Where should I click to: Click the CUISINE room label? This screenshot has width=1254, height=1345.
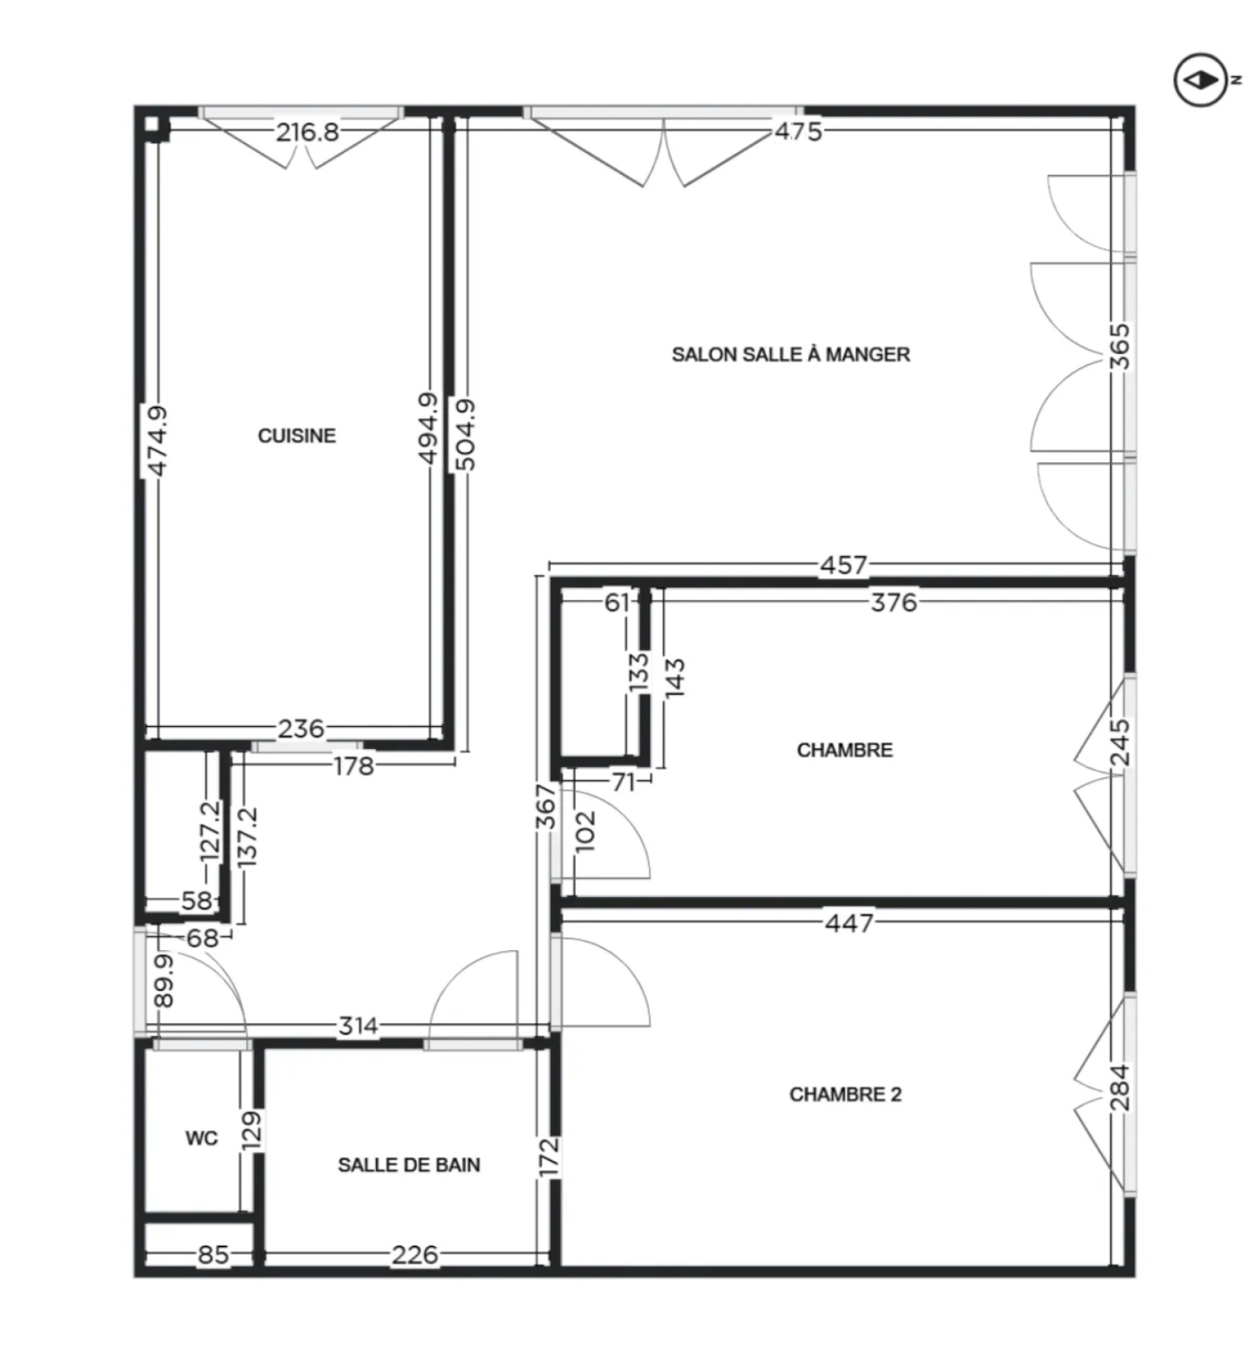(296, 436)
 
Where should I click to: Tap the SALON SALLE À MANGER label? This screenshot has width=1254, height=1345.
(791, 355)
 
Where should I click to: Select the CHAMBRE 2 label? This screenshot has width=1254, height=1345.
(845, 1094)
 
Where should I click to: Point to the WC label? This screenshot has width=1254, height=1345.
(201, 1138)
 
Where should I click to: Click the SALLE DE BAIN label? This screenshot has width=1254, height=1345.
(409, 1165)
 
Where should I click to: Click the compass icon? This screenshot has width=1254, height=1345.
(1201, 80)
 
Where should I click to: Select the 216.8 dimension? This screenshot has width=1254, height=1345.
(307, 132)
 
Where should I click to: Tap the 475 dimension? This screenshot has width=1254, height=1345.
(799, 131)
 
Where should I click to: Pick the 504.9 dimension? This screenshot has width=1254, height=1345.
(465, 435)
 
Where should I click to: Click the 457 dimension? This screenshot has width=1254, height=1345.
(843, 565)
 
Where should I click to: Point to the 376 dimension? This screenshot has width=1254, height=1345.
(893, 602)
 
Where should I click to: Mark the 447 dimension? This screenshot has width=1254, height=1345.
(849, 923)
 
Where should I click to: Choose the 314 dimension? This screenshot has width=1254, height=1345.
(357, 1025)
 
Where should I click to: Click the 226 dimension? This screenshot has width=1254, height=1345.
(415, 1255)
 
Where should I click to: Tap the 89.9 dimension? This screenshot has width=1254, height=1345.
(164, 980)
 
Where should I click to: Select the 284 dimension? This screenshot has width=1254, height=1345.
(1121, 1088)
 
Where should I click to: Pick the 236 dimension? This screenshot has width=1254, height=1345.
(301, 729)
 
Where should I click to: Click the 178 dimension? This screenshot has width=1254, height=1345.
(353, 765)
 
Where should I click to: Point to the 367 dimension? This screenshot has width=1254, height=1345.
(546, 806)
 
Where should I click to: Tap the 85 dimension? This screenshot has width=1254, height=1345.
(212, 1255)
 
